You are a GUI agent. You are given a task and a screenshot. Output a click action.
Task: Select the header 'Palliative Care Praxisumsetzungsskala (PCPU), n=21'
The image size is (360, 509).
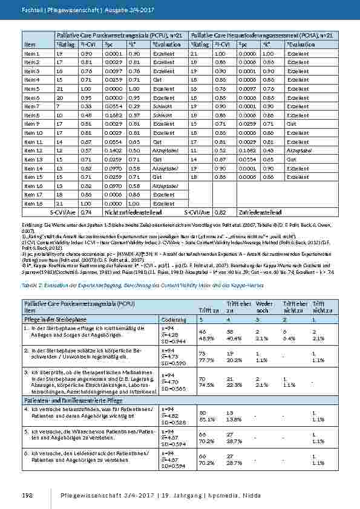coord(122,36)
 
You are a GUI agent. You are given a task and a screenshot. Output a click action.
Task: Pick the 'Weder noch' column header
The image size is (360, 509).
coord(264,306)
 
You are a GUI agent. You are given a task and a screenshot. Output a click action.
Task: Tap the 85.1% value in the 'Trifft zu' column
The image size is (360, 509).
coord(207,418)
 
